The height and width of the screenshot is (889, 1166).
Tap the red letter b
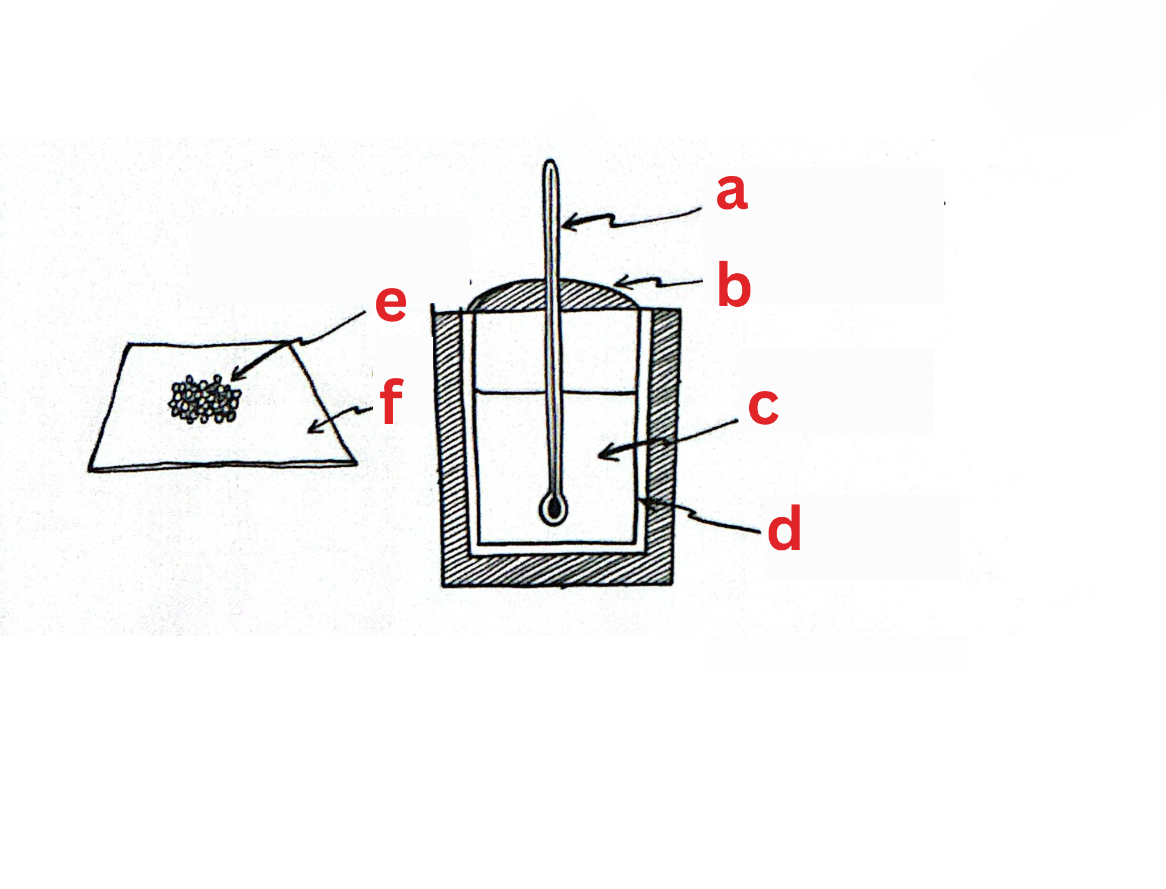pyautogui.click(x=734, y=286)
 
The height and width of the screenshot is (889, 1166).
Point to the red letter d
pyautogui.click(x=785, y=529)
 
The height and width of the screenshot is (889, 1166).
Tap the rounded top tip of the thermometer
pyautogui.click(x=551, y=165)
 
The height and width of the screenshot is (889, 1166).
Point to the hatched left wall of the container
pyautogui.click(x=450, y=444)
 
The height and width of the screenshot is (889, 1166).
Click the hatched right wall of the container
pyautogui.click(x=664, y=433)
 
